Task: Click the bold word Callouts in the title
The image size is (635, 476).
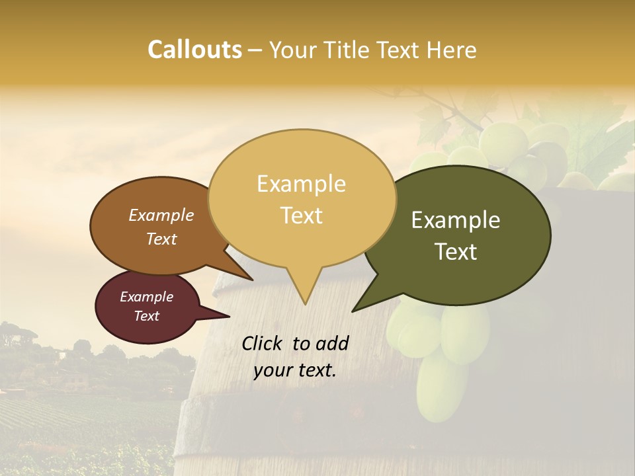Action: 194,50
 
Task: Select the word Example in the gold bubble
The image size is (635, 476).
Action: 301,184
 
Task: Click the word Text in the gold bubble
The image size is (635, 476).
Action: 301,216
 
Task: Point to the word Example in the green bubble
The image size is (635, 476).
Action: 456,220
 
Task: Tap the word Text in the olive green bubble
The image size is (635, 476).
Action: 456,252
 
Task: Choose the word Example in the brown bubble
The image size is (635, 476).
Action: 161,216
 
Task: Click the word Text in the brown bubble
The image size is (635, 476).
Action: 161,239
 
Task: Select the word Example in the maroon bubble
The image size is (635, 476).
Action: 146,297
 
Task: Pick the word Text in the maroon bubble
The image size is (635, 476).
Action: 146,316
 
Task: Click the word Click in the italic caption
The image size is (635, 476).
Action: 263,343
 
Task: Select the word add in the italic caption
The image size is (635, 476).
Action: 332,343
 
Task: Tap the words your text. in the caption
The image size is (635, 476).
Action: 295,371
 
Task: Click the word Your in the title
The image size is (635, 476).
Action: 293,50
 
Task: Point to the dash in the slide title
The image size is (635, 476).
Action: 255,50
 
